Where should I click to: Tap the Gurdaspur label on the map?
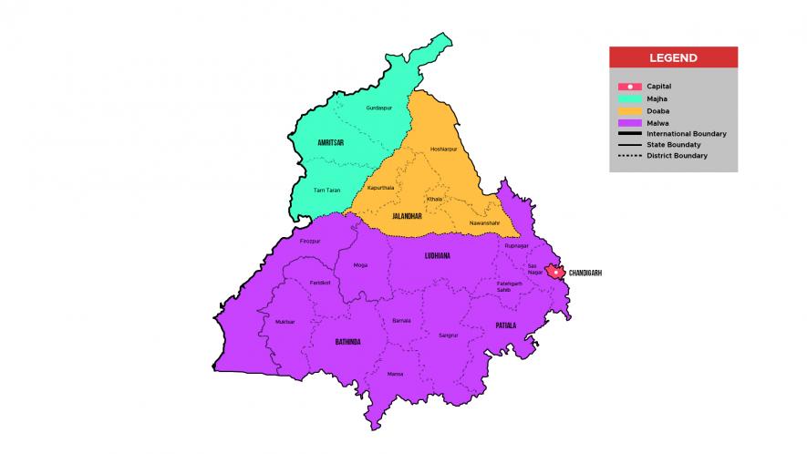[378, 108]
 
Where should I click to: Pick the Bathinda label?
[347, 342]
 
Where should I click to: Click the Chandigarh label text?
[585, 273]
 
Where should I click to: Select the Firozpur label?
[310, 241]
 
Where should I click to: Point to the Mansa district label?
[395, 374]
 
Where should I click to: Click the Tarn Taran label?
[326, 190]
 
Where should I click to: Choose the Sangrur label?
[447, 335]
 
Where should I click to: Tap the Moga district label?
[360, 266]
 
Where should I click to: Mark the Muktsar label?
[285, 322]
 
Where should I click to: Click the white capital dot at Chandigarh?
[554, 272]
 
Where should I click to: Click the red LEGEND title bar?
[673, 57]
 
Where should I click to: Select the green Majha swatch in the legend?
[629, 98]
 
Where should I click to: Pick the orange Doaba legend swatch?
[629, 110]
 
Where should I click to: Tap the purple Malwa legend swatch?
[629, 122]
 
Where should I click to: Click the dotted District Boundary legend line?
[629, 156]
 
